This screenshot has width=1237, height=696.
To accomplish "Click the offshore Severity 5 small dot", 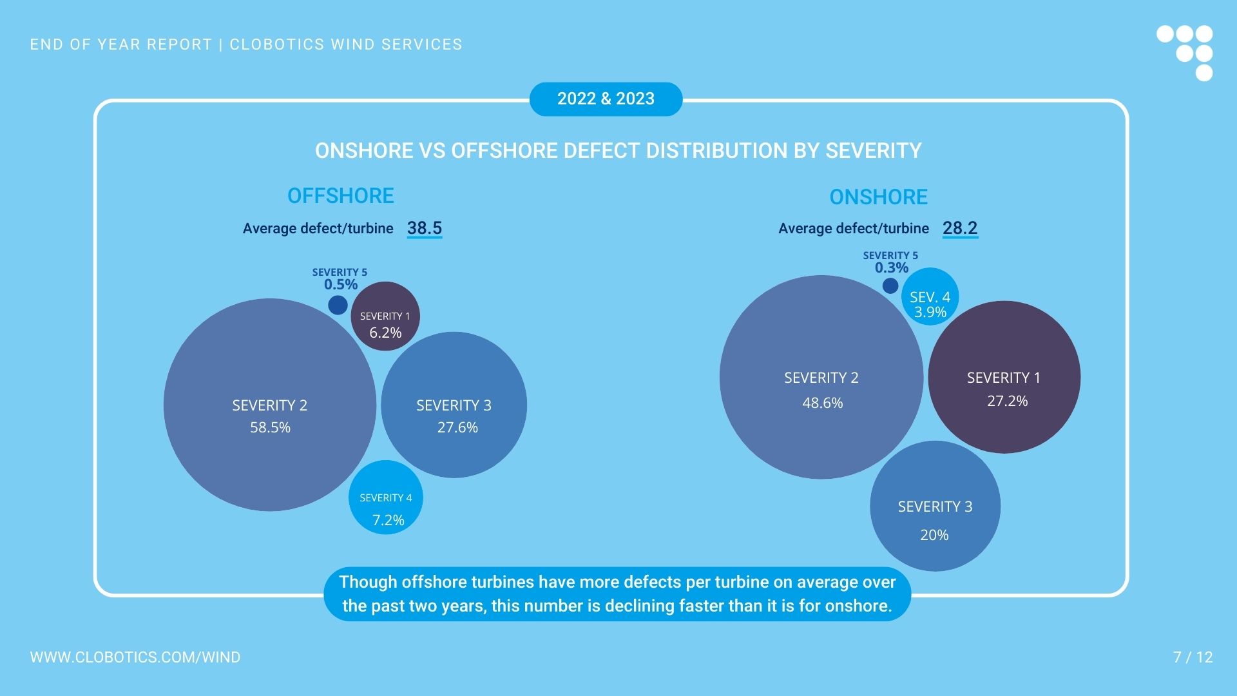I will pyautogui.click(x=338, y=305).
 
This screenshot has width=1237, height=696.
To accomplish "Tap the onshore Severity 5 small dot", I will pyautogui.click(x=890, y=285).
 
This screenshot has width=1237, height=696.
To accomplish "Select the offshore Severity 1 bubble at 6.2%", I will pyautogui.click(x=385, y=316).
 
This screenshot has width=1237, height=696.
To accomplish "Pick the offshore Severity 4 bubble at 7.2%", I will pyautogui.click(x=386, y=497).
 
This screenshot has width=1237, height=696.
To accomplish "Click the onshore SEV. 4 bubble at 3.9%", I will pyautogui.click(x=930, y=296).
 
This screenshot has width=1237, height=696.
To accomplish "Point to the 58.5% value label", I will pyautogui.click(x=270, y=427).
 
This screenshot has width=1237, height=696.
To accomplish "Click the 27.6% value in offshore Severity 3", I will pyautogui.click(x=457, y=427).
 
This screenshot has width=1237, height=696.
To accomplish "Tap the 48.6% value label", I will pyautogui.click(x=822, y=403).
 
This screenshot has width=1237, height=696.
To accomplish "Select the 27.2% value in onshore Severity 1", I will pyautogui.click(x=1007, y=401).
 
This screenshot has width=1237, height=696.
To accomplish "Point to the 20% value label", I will pyautogui.click(x=934, y=535).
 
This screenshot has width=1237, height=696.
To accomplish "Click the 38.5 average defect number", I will pyautogui.click(x=425, y=228).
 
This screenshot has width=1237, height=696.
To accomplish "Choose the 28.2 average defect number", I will pyautogui.click(x=960, y=228).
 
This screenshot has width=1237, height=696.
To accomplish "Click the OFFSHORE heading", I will pyautogui.click(x=340, y=196).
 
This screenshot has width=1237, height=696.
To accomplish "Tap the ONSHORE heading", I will pyautogui.click(x=878, y=197).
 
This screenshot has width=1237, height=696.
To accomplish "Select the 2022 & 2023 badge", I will pyautogui.click(x=606, y=99).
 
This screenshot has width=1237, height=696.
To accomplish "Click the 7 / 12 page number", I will pyautogui.click(x=1193, y=657).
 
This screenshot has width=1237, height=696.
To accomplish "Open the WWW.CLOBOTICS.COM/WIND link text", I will pyautogui.click(x=135, y=657).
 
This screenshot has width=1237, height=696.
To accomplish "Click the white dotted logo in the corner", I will pyautogui.click(x=1185, y=52).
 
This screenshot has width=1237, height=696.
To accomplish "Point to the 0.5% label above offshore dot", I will pyautogui.click(x=340, y=284).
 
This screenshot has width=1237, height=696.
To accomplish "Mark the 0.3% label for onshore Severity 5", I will pyautogui.click(x=892, y=267).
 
